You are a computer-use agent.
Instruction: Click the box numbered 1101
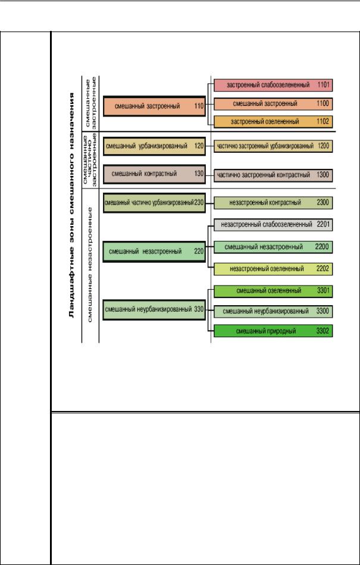273,86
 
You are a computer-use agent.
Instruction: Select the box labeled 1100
273,103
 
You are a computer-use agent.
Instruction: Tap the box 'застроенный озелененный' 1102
273,122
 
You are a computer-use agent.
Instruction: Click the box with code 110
154,106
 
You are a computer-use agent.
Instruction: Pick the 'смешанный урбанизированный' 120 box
154,146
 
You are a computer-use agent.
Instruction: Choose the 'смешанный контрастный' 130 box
154,174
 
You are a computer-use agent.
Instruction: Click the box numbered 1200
273,146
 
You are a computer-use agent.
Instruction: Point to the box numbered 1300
273,175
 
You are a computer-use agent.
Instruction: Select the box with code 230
154,202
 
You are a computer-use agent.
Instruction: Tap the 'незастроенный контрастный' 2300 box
273,203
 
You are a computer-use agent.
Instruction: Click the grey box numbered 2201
273,225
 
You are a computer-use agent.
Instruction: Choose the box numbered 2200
273,247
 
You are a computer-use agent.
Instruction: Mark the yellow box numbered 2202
273,269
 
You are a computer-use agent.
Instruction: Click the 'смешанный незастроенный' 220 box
154,252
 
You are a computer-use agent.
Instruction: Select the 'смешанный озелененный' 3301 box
273,291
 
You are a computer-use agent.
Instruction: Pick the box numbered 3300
273,311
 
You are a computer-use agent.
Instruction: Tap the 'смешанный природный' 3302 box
273,331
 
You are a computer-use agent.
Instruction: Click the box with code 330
154,309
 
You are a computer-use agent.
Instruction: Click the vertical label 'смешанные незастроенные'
90,264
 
